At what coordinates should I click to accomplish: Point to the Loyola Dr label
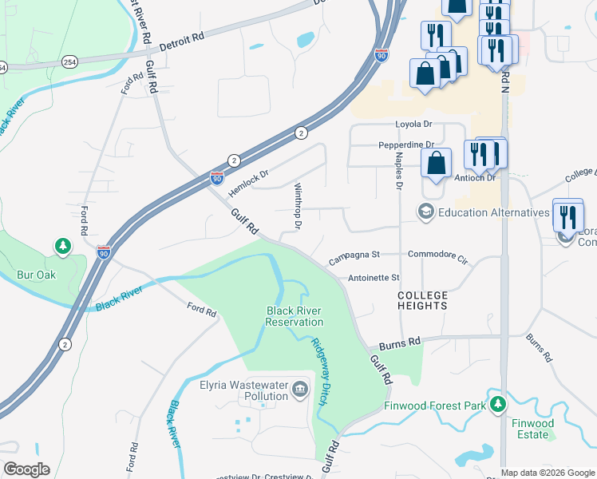[x=413, y=125]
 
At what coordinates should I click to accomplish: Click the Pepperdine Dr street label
[x=405, y=145]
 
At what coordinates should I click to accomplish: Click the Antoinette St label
[x=373, y=278]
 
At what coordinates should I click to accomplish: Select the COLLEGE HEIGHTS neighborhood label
[x=423, y=301]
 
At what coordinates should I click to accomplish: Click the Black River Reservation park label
[x=295, y=316]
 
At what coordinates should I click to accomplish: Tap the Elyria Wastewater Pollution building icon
[x=299, y=389]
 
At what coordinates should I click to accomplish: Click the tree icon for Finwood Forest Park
[x=498, y=405]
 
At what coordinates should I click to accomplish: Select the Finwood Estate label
[x=532, y=429]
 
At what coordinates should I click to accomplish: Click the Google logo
[x=26, y=469]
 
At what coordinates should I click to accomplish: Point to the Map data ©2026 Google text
[x=547, y=473]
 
